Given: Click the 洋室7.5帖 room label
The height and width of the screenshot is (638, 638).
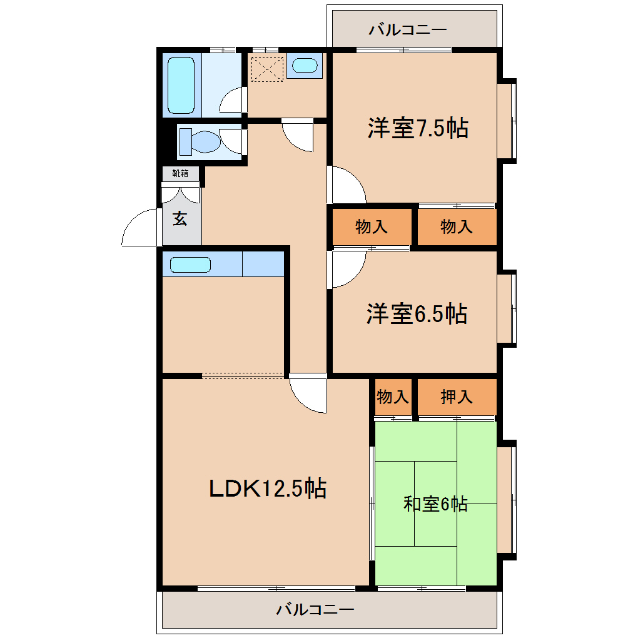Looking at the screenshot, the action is click(418, 128).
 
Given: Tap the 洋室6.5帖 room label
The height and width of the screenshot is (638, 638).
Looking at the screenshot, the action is click(417, 314).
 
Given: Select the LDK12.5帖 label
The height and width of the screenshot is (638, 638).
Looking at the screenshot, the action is click(267, 489).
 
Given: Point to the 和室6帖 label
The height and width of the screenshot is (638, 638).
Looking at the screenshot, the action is click(435, 504).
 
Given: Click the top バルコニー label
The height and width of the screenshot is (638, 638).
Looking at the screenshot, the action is click(407, 29).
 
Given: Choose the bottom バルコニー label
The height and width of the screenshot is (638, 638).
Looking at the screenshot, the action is click(315, 609).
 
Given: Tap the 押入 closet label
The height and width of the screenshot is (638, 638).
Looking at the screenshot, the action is click(457, 397).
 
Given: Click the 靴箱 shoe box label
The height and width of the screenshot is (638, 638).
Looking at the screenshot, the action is click(180, 173).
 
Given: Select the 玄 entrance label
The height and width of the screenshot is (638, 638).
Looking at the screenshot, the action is click(180, 219).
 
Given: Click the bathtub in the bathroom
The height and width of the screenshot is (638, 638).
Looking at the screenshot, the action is click(181, 85).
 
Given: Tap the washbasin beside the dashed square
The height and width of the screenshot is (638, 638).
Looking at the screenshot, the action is click(305, 65).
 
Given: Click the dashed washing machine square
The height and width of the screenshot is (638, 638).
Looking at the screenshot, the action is click(267, 69).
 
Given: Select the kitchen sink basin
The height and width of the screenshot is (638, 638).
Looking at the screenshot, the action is click(190, 265).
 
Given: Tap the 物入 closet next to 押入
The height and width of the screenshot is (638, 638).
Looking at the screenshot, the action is click(393, 397).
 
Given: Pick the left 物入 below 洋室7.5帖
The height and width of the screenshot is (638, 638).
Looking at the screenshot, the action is click(371, 226).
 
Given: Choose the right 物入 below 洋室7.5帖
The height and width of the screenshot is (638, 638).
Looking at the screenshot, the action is click(457, 226).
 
